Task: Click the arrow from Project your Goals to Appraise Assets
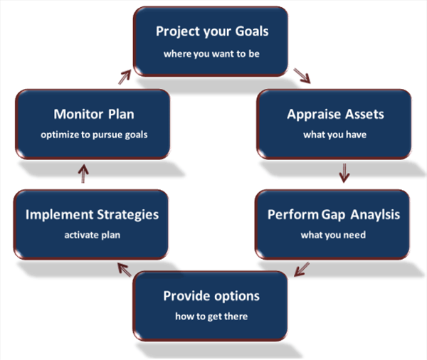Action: coord(302,75)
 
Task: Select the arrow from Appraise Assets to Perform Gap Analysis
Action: coord(344,173)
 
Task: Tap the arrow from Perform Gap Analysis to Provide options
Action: coord(302,270)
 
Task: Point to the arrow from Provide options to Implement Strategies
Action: coord(125,270)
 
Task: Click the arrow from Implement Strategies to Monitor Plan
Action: coord(83,174)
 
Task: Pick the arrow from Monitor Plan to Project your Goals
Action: coord(125,77)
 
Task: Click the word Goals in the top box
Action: coord(252,31)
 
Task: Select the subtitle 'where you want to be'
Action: coord(211,54)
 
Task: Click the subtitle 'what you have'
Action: coord(335,134)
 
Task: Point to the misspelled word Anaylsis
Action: coord(375,215)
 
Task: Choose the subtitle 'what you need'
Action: coord(333,235)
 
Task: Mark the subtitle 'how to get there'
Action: coord(211,317)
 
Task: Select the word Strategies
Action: coord(128,215)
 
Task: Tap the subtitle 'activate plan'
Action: coord(93,235)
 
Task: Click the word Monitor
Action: coord(79,114)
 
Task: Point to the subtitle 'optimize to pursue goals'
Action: coord(94,134)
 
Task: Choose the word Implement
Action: coord(59,215)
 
